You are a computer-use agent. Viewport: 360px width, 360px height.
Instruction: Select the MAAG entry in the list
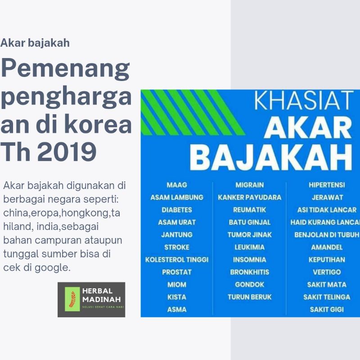click(x=176, y=185)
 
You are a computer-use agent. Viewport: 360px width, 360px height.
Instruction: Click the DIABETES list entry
click(x=177, y=210)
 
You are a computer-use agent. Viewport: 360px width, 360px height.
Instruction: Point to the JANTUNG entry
click(x=177, y=234)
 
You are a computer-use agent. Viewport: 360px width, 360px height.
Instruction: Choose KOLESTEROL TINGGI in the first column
click(x=177, y=260)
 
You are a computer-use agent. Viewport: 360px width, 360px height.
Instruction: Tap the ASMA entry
click(x=176, y=310)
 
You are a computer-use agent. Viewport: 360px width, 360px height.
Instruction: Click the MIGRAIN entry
click(x=250, y=185)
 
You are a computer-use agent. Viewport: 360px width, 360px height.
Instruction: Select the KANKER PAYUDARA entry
click(x=250, y=197)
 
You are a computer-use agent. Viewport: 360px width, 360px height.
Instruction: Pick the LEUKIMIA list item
click(x=250, y=247)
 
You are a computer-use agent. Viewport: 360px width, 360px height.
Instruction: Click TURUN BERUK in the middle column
click(x=250, y=297)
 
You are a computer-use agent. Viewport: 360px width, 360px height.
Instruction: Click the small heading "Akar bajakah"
click(x=35, y=44)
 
